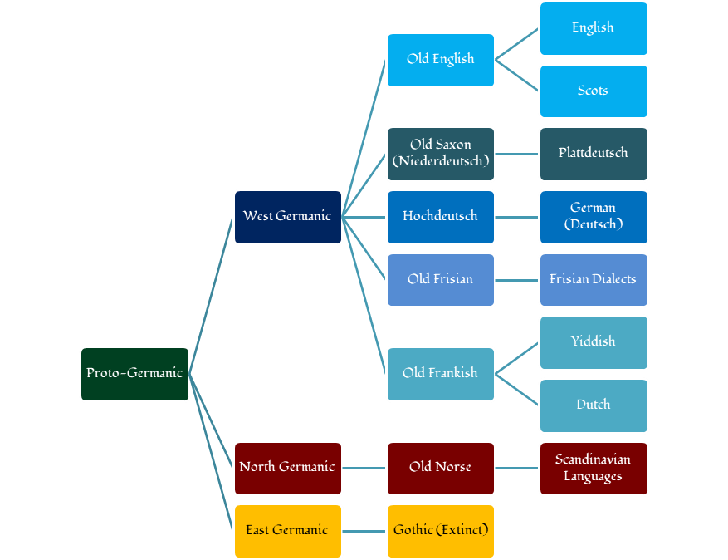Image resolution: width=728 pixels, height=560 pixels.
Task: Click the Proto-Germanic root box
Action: point(134,374)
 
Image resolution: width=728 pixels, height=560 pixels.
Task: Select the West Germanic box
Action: point(287,217)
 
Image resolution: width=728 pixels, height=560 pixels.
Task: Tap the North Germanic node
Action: point(287,468)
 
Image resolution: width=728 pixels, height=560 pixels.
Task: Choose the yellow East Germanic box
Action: point(287,531)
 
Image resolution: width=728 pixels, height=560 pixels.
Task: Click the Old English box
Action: point(440,60)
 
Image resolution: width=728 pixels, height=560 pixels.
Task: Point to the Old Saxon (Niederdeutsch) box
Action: point(440,154)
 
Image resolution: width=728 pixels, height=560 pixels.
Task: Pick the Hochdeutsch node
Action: point(440,217)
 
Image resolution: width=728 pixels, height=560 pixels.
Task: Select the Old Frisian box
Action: point(440,280)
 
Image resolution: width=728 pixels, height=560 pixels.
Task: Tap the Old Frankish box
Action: point(440,374)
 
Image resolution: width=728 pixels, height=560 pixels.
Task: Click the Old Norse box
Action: point(440,468)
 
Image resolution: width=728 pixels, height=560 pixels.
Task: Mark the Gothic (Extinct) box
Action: point(440,531)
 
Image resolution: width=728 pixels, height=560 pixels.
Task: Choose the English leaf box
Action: point(593,28)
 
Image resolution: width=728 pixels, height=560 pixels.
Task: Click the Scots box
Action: point(593,91)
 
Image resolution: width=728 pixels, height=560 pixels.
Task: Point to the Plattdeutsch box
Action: point(593,154)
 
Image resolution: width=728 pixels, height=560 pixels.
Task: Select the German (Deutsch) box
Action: point(593,217)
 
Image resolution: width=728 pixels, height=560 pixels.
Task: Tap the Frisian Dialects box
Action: point(593,280)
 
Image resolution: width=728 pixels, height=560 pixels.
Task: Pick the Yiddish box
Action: point(593,342)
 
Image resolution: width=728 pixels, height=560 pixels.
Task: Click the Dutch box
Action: point(593,405)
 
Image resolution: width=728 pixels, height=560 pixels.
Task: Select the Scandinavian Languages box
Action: point(593,468)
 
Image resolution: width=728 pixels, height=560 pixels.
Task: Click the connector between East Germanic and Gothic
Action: point(364,531)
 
